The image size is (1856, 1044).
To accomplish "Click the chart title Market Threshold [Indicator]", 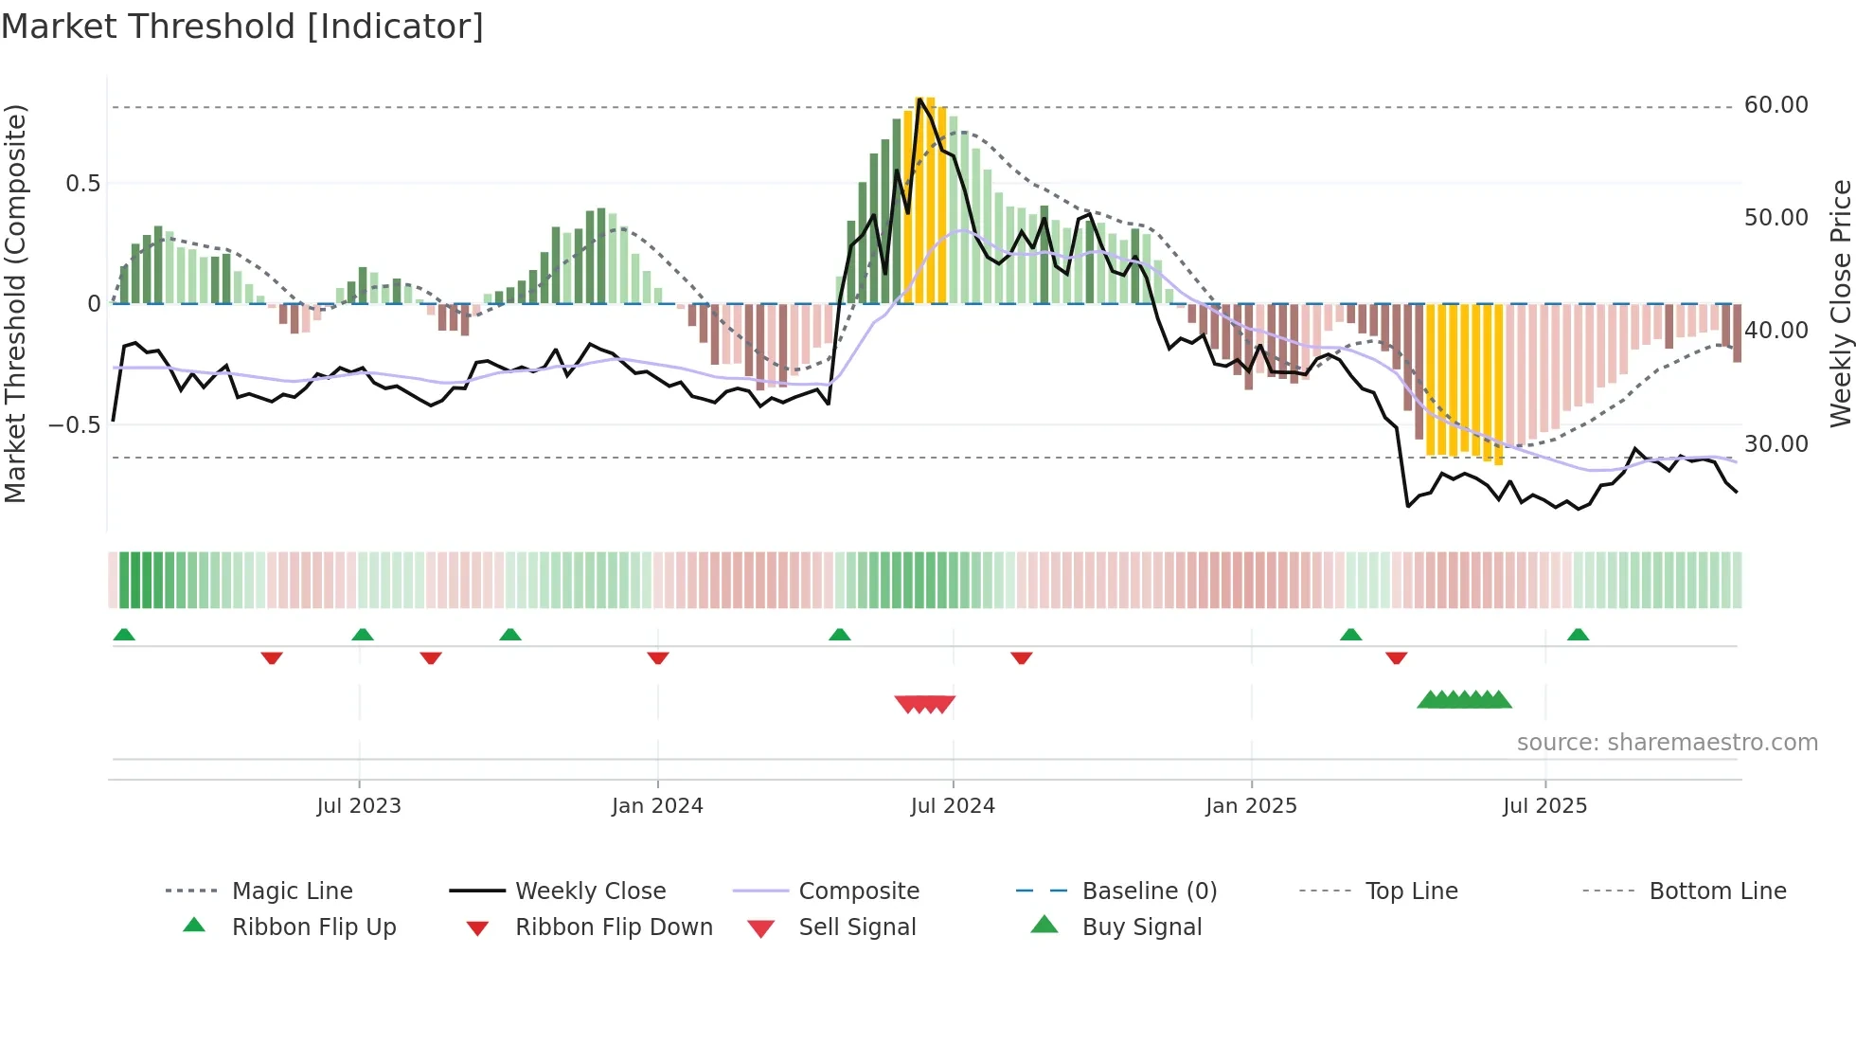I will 242,27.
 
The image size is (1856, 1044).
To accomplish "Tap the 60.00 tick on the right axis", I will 1776,105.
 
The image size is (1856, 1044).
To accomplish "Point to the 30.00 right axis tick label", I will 1776,443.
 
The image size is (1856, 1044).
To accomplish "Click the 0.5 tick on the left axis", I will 82,184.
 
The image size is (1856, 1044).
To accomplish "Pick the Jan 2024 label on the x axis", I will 657,806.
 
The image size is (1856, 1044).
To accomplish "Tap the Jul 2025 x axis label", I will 1544,806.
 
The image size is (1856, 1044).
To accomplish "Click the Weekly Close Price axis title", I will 1840,303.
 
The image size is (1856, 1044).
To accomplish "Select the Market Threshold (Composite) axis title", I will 15,303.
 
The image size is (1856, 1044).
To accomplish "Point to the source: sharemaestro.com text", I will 1667,743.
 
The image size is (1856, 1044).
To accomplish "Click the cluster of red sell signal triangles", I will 925,704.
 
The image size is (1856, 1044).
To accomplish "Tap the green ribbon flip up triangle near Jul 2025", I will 1578,635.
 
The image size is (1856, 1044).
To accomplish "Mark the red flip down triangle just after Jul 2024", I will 1021,657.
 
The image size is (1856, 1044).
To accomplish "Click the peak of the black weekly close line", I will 919,99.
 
